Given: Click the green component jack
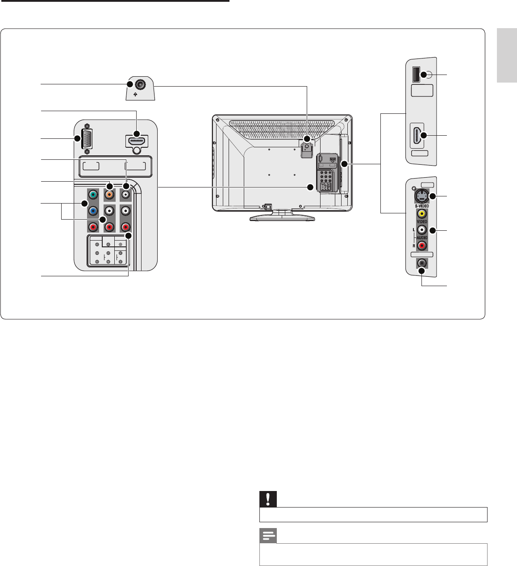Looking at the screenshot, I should [93, 195].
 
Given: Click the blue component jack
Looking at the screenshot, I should [93, 211].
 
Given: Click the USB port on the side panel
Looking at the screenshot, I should [416, 75].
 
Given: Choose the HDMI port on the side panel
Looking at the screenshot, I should [417, 135].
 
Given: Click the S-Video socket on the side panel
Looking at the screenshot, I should [421, 196].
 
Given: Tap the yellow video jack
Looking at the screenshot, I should [421, 214].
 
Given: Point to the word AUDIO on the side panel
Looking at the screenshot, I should [422, 238].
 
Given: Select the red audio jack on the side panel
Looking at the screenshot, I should [421, 246].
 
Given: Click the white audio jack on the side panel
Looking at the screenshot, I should [421, 230].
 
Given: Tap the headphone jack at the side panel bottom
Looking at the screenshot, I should [421, 263].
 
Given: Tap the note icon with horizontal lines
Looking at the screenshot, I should [268, 536].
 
